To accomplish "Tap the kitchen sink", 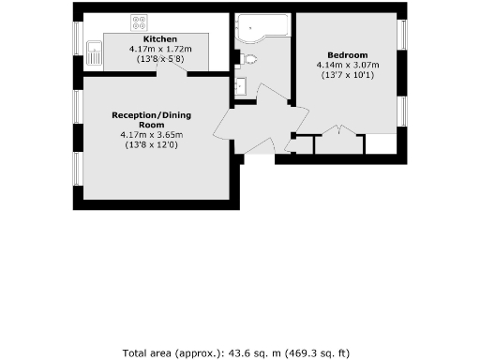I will click(x=94, y=53).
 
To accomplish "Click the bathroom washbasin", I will click(x=241, y=87).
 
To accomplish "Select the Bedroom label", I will click(x=346, y=55).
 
